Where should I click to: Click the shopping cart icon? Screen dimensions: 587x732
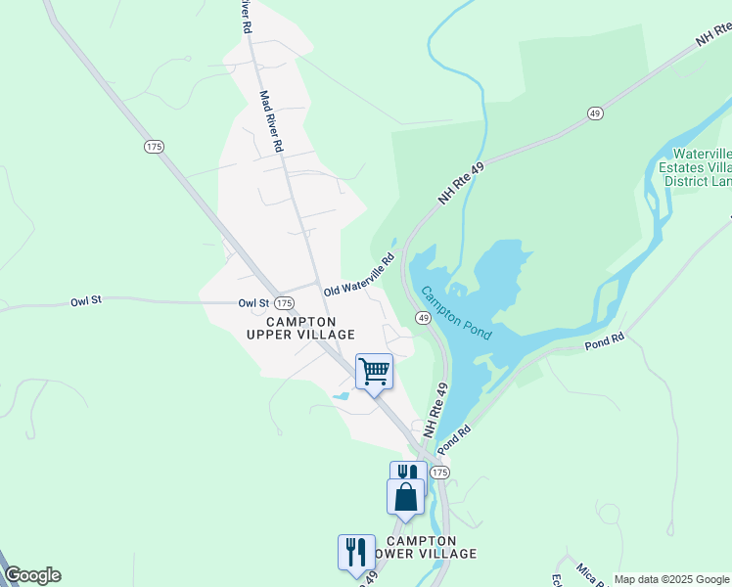[374, 372]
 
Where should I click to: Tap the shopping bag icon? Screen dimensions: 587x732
[405, 497]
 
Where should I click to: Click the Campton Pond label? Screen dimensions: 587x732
[456, 313]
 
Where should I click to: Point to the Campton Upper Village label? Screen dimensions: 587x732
[300, 328]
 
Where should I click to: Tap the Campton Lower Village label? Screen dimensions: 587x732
[421, 547]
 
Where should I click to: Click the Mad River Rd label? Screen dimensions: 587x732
[271, 121]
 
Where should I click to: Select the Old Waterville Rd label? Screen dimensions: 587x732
[359, 276]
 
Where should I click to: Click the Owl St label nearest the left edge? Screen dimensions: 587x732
[86, 301]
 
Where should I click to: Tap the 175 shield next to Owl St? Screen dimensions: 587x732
[284, 303]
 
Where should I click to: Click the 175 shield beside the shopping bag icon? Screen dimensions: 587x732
[439, 473]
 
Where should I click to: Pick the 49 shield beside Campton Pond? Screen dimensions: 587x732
[423, 318]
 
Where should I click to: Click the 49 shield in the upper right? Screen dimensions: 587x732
[594, 113]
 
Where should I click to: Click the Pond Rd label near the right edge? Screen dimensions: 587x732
[604, 341]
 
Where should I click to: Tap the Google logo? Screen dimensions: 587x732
[32, 575]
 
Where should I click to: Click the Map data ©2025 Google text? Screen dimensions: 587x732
[671, 579]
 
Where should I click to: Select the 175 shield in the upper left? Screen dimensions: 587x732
[153, 146]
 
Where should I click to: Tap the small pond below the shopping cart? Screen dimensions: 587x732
[340, 396]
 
